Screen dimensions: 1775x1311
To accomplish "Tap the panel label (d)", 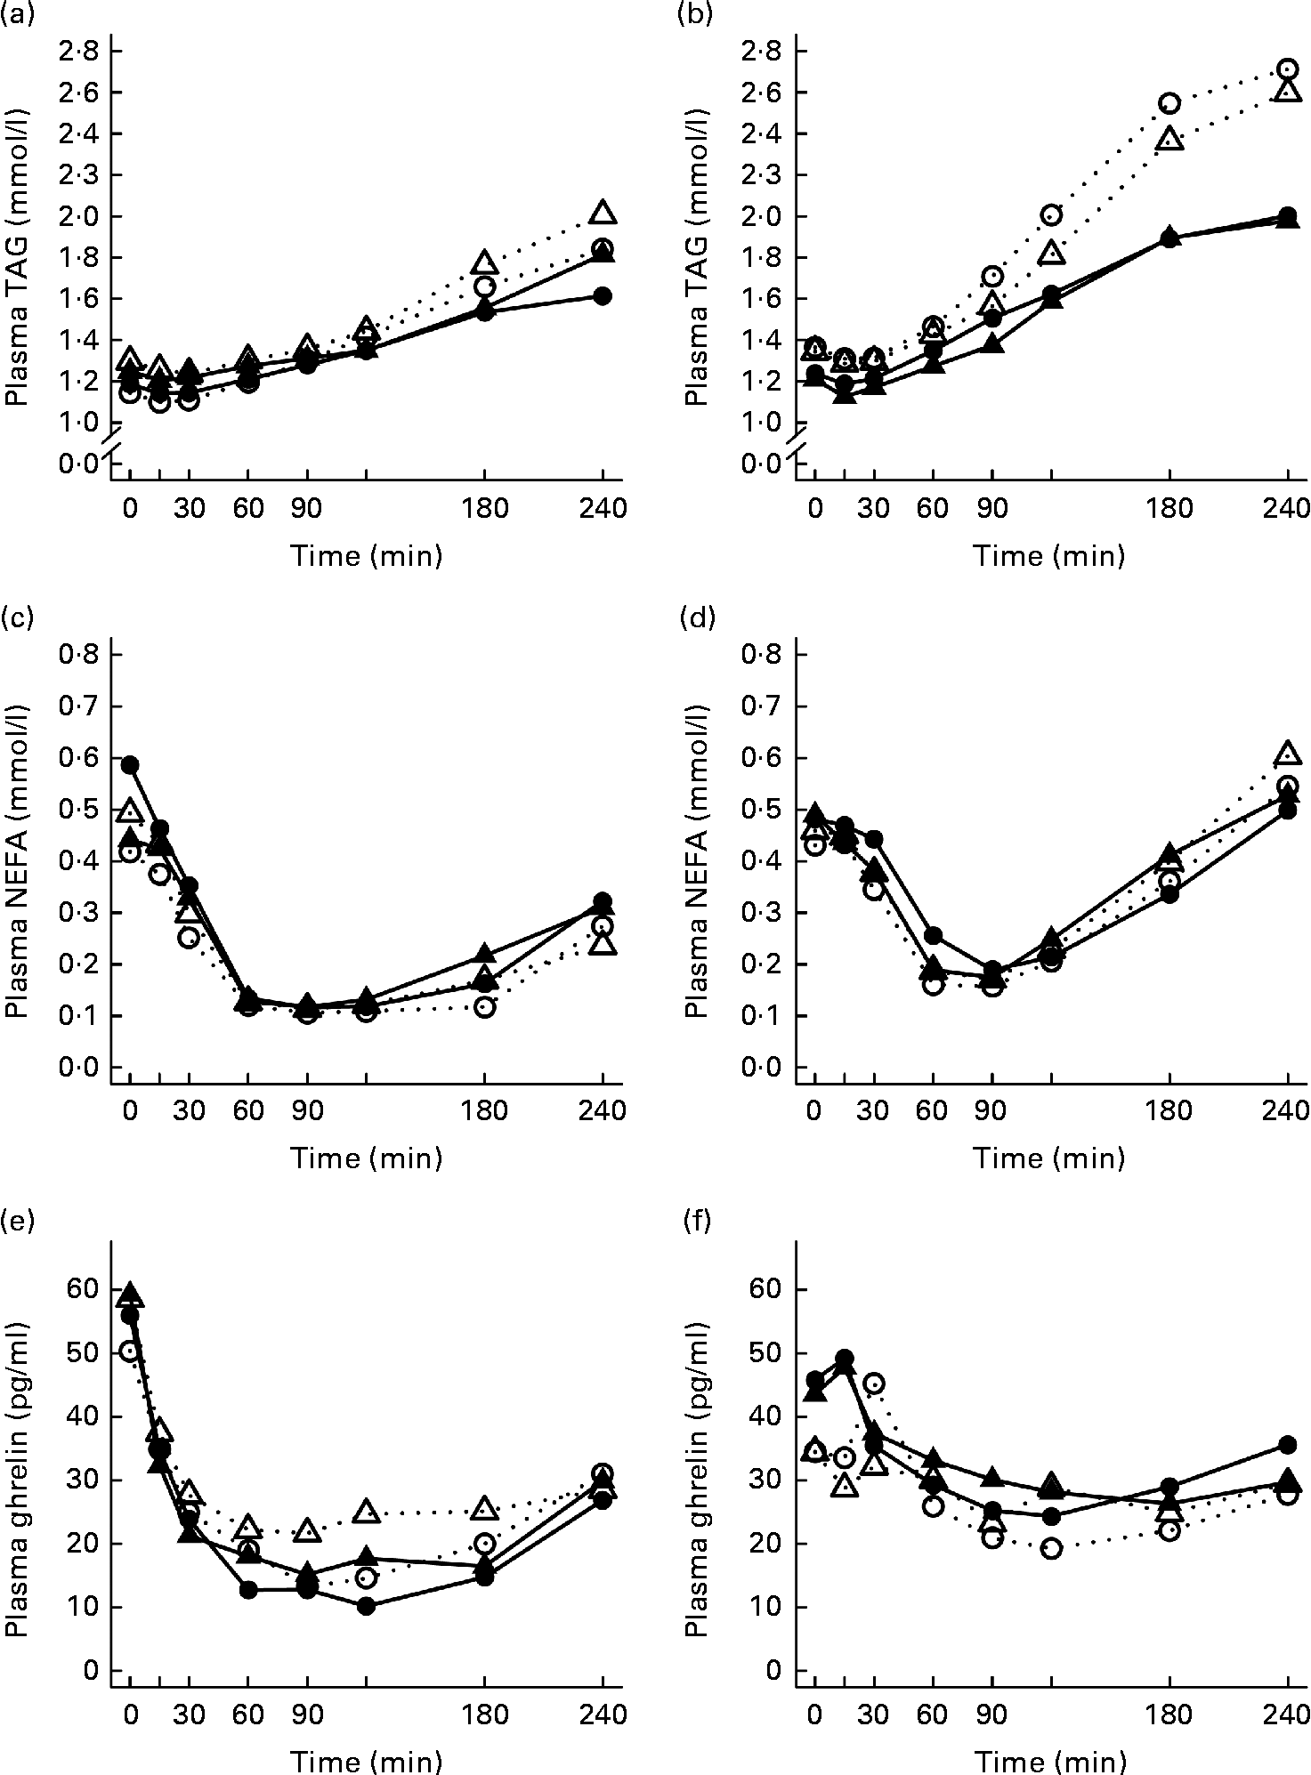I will [701, 617].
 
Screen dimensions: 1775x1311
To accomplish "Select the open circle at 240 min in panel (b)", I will [1286, 69].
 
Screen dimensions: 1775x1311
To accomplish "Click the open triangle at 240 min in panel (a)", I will [603, 213].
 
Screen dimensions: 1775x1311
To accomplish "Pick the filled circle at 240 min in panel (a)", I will [603, 296].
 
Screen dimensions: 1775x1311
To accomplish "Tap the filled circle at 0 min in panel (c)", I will [130, 764].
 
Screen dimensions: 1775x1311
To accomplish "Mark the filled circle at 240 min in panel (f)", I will [1286, 1443].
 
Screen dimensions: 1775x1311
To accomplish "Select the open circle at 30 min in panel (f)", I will [873, 1384].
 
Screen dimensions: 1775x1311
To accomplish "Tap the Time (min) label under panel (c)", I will [366, 1158].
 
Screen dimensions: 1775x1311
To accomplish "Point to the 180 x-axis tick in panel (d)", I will [1169, 1110].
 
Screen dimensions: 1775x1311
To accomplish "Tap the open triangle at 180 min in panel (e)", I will [484, 1508].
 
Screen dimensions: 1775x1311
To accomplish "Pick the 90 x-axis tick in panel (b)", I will [991, 509].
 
